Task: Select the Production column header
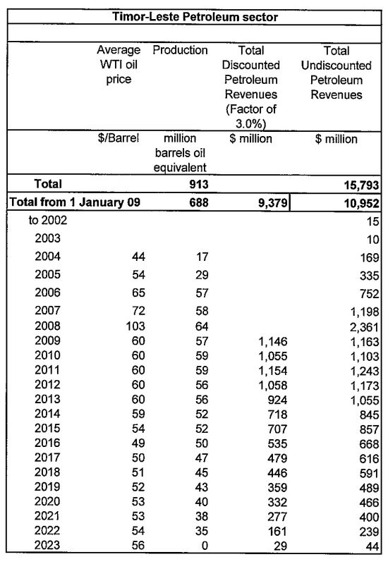[180, 51]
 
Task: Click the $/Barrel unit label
[119, 139]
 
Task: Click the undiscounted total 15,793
[361, 184]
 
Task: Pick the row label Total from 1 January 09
[75, 202]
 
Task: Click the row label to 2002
[48, 221]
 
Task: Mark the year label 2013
[48, 402]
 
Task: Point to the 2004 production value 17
[200, 257]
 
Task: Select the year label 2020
[48, 501]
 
